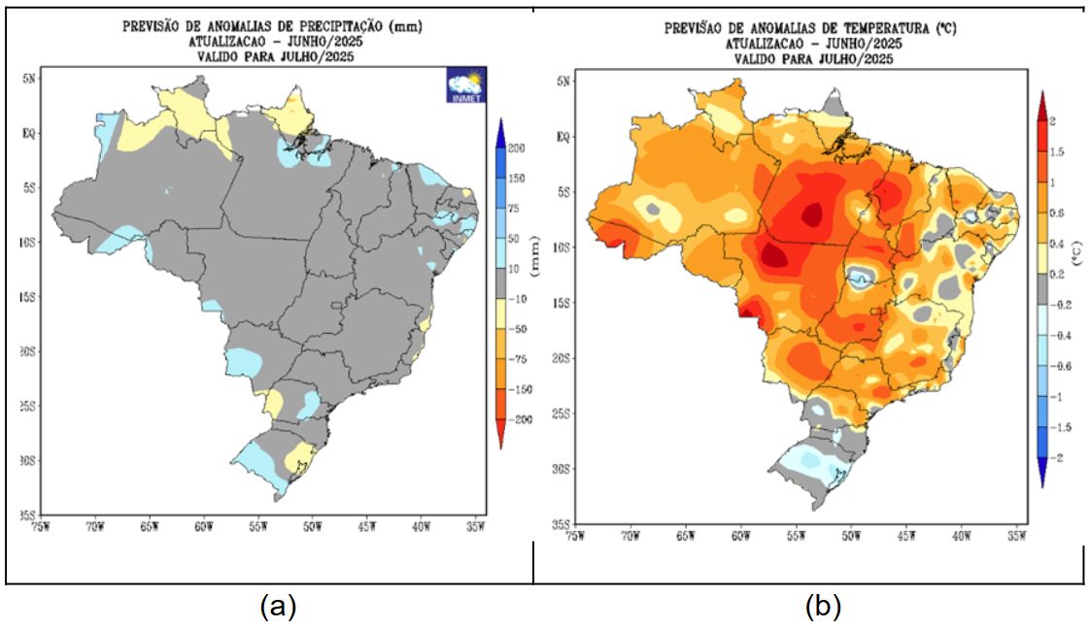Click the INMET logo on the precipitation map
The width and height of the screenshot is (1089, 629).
tap(465, 85)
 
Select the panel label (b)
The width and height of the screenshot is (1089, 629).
tap(822, 608)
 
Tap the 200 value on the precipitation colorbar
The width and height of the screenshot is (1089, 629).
tap(516, 148)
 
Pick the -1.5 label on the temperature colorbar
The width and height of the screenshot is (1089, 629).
tap(1063, 427)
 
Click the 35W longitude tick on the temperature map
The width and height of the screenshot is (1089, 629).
tap(1017, 535)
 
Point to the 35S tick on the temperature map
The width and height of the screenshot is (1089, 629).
tap(558, 524)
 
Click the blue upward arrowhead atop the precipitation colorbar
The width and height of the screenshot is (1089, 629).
tap(499, 129)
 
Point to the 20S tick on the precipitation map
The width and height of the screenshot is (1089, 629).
tap(28, 352)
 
